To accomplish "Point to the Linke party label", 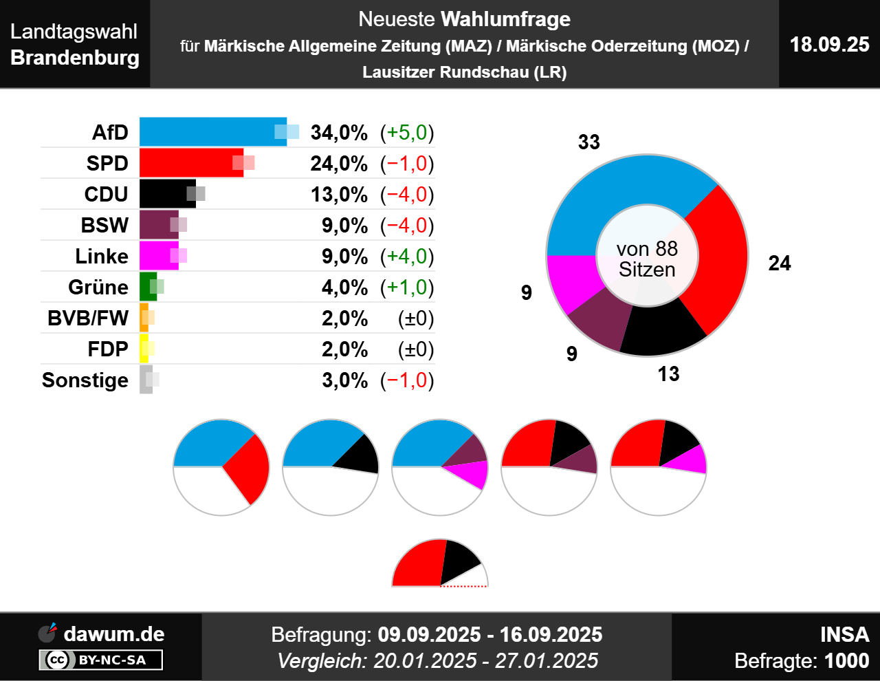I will click(x=102, y=257).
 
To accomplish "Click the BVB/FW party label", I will click(x=88, y=318).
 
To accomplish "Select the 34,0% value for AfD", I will click(x=339, y=132).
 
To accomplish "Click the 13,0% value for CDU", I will click(x=339, y=195).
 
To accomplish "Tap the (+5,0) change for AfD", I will click(x=407, y=132).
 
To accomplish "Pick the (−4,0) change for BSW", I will click(x=407, y=226).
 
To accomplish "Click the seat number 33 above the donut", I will click(x=589, y=142).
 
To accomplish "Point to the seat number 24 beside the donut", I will click(x=780, y=263).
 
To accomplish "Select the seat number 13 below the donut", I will click(x=668, y=374).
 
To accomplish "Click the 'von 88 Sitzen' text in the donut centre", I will click(x=647, y=259).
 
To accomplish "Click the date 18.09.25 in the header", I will click(x=829, y=45).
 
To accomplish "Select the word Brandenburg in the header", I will click(x=75, y=57).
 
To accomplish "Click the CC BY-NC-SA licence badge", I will click(x=101, y=660).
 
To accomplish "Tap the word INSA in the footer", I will click(x=844, y=634).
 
